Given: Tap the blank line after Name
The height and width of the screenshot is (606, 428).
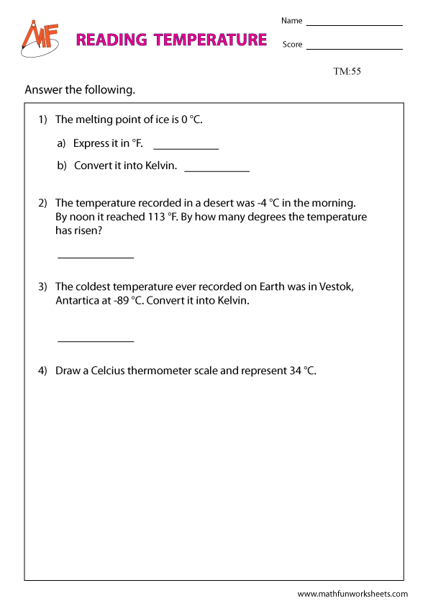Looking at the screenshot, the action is [x=354, y=25].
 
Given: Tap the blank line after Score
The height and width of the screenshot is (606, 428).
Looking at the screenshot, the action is [x=354, y=49].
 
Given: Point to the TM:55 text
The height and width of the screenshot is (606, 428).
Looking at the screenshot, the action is [x=347, y=71].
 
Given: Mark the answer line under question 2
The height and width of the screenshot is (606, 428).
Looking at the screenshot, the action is [x=96, y=257].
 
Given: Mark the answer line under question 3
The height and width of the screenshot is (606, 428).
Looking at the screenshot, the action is [x=96, y=341].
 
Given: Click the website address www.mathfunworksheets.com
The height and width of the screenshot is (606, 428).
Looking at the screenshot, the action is [x=352, y=594].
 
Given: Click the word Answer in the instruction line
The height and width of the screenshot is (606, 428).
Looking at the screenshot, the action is [x=42, y=91].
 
